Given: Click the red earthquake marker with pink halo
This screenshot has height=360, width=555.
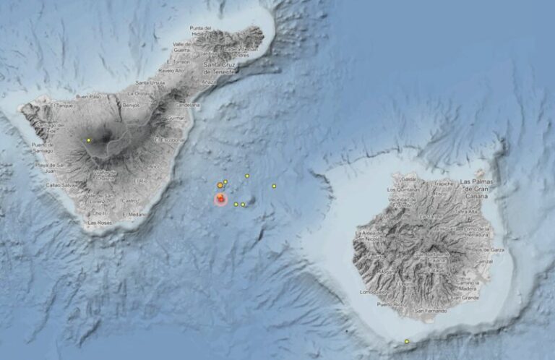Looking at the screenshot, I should pos(220,198).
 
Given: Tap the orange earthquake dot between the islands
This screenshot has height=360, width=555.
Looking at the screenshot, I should pos(220,186).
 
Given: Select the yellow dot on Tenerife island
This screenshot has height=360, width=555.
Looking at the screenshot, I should pos(89,140).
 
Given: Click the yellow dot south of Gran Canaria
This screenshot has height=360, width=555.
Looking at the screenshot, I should pos(407,341).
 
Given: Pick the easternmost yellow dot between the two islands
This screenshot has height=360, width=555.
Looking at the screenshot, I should pos(274,187).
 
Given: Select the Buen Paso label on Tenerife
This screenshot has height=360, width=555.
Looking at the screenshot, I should pos(88,96).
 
